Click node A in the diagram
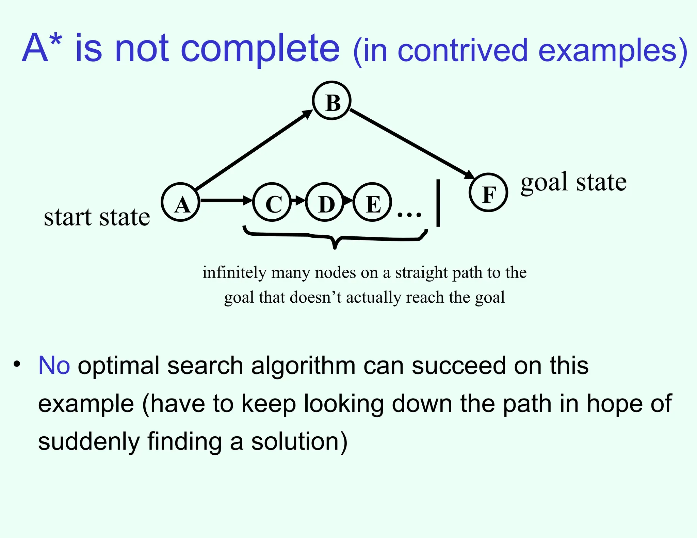pyautogui.click(x=180, y=203)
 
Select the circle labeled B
pyautogui.click(x=331, y=101)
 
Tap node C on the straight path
pyautogui.click(x=272, y=203)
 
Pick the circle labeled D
pyautogui.click(x=325, y=203)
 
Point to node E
pyautogui.click(x=372, y=203)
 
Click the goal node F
pyautogui.click(x=488, y=193)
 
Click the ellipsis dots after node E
pyautogui.click(x=409, y=215)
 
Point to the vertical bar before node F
pyautogui.click(x=438, y=203)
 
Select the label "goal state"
pyautogui.click(x=573, y=183)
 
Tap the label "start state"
pyautogui.click(x=97, y=217)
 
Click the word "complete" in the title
pyautogui.click(x=260, y=48)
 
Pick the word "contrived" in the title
pyautogui.click(x=463, y=51)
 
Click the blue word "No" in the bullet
pyautogui.click(x=54, y=366)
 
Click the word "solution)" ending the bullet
pyautogui.click(x=299, y=441)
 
